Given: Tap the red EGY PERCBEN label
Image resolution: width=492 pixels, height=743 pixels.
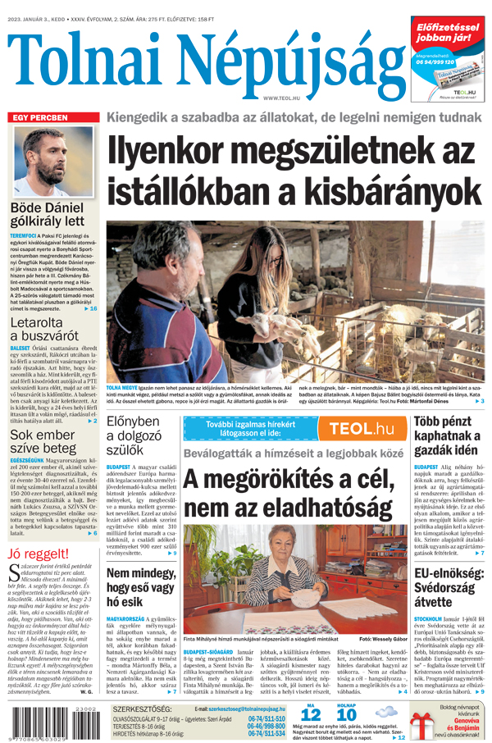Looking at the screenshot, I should click(x=39, y=118).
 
